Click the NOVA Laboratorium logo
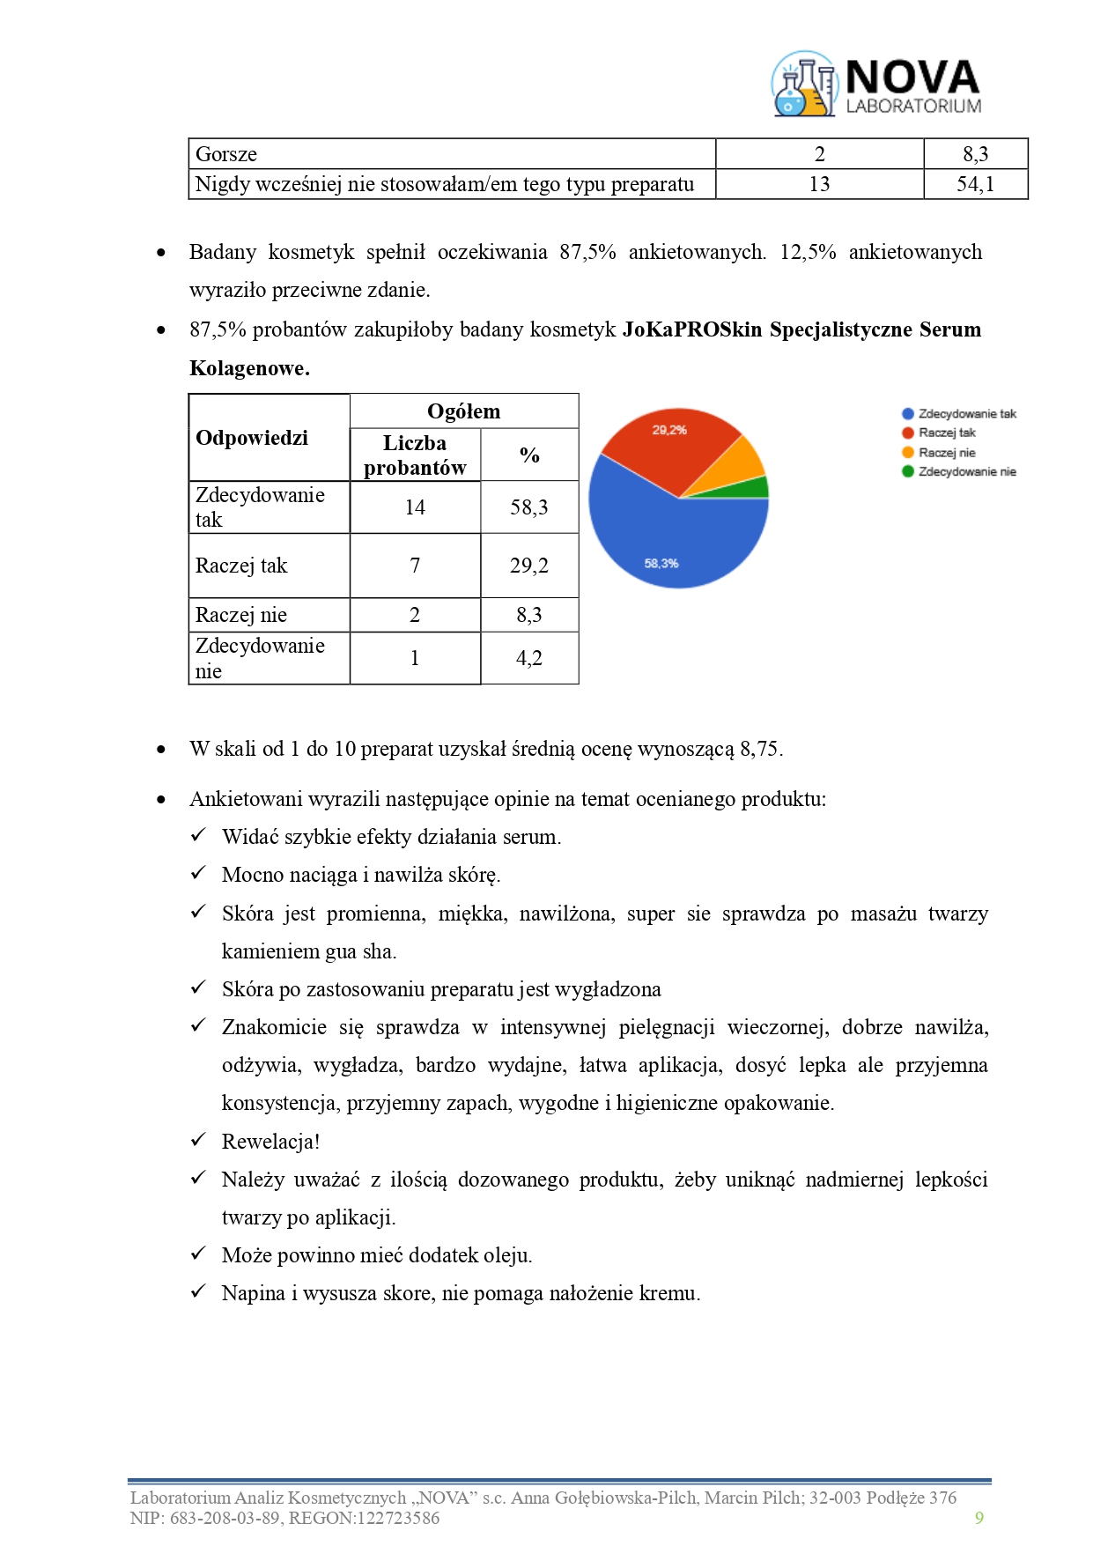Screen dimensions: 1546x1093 click(876, 85)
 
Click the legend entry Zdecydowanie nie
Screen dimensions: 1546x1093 click(959, 472)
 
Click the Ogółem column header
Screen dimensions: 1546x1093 click(463, 411)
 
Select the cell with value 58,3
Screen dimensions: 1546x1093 click(528, 507)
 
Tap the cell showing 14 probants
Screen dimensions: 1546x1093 click(415, 507)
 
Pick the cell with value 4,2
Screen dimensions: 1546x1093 click(528, 658)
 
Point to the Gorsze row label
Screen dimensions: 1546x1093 click(226, 154)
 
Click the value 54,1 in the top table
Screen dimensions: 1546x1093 click(975, 184)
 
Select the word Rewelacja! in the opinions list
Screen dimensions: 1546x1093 click(270, 1142)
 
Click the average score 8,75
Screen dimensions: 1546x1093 click(760, 749)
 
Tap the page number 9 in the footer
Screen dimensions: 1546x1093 click(979, 1518)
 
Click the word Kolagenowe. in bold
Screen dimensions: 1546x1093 click(249, 368)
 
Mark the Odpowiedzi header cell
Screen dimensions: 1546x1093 click(252, 438)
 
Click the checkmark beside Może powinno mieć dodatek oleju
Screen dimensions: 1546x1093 click(199, 1254)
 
